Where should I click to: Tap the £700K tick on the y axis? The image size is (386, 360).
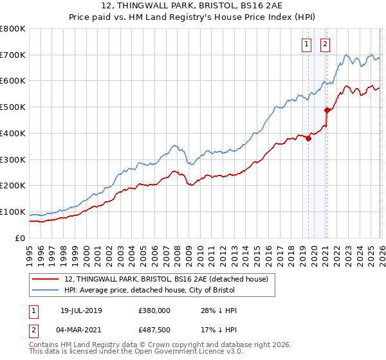13,55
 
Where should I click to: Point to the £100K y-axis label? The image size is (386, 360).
13,212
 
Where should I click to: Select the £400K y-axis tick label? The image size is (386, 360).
13,134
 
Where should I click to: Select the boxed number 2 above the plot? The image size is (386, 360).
325,44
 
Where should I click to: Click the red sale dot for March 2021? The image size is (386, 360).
327,110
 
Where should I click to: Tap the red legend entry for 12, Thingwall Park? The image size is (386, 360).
170,278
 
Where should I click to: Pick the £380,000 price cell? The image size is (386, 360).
154,310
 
